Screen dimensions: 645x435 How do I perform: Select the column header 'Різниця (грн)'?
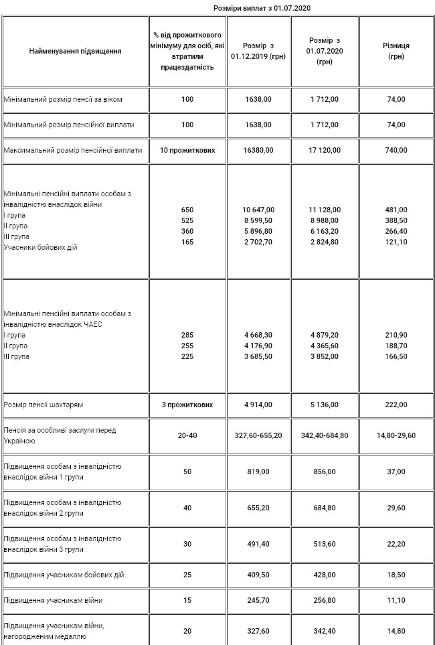[x=396, y=51]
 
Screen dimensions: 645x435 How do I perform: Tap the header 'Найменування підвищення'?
[x=76, y=51]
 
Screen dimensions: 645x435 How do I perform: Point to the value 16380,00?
[x=258, y=150]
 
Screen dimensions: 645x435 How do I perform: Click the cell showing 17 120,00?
[x=324, y=150]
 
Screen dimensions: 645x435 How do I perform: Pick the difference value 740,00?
[x=396, y=150]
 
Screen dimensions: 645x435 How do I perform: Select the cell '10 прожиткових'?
[x=187, y=150]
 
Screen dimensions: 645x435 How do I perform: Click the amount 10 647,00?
[x=258, y=210]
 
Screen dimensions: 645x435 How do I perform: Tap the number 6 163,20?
[x=324, y=231]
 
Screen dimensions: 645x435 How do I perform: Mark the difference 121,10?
[x=396, y=242]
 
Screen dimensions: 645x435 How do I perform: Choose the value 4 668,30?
[x=258, y=335]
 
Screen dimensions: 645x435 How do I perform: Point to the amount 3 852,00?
[x=324, y=356]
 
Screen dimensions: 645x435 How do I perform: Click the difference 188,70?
[x=396, y=346]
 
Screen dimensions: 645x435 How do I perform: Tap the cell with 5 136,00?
[x=324, y=405]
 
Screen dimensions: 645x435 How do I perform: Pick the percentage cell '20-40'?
[x=187, y=435]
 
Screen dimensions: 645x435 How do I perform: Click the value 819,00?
[x=258, y=472]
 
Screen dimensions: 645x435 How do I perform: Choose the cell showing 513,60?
[x=324, y=544]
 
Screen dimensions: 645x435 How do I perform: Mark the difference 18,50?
[x=396, y=575]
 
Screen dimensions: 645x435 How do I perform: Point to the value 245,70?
[x=258, y=601]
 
